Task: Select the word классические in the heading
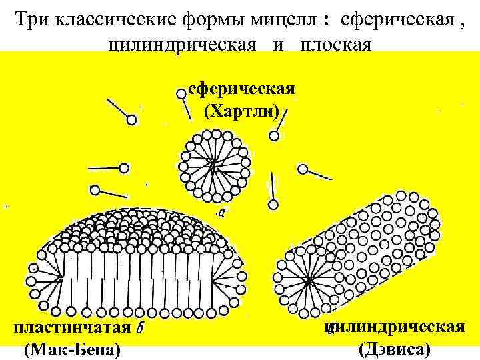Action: point(117,19)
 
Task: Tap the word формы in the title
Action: point(217,19)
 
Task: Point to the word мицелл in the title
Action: point(285,19)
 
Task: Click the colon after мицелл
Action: point(327,21)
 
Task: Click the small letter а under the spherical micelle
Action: point(221,213)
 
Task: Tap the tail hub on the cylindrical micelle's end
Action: point(308,282)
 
